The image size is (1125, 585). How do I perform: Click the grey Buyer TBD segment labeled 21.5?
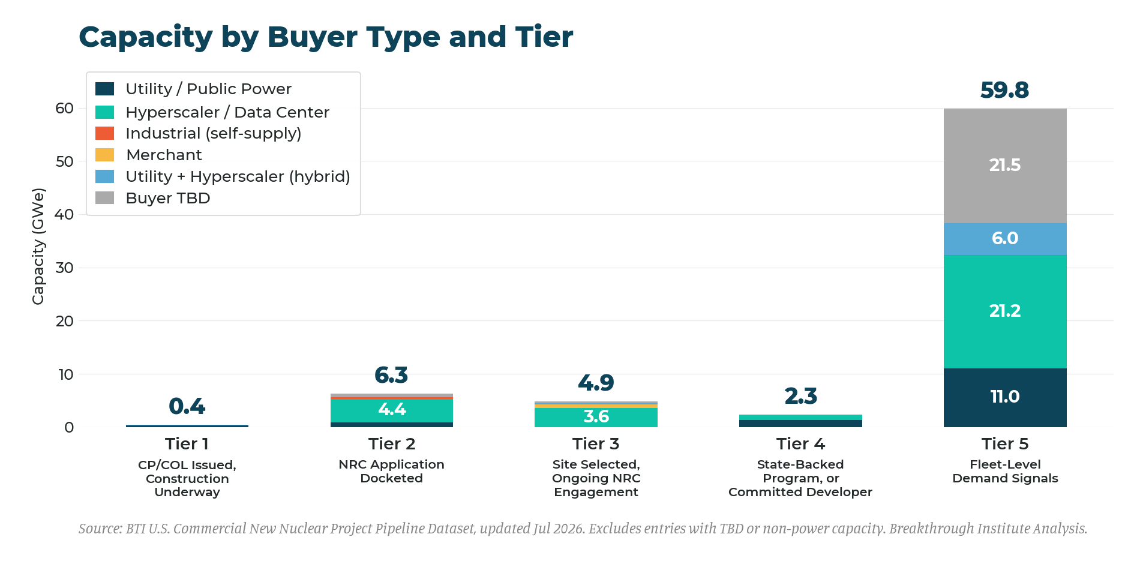point(1005,166)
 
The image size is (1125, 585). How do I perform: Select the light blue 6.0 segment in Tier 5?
point(1005,239)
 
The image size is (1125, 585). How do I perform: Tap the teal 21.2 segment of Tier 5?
point(1005,311)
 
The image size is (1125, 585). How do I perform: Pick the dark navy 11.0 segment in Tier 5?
point(1005,398)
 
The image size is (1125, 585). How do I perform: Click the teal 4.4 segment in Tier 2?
point(392,411)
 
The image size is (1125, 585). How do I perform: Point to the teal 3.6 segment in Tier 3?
point(596,418)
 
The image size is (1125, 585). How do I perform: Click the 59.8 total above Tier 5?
point(1005,90)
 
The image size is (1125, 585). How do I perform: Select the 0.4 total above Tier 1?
point(187,406)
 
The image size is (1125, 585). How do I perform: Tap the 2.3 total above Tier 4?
point(800,396)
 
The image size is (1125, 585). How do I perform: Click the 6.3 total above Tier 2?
point(391,375)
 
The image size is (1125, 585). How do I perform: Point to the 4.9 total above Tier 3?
point(596,382)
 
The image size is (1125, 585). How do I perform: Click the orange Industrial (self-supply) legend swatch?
point(105,133)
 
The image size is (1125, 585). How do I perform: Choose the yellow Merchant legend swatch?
point(105,155)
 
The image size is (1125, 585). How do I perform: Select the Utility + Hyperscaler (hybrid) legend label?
point(238,177)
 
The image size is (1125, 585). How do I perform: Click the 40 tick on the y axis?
point(64,214)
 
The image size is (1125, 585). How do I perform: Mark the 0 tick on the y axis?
point(69,427)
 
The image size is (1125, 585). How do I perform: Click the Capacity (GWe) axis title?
point(38,247)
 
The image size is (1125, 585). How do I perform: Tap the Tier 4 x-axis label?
point(800,444)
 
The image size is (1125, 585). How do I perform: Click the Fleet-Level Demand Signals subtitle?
point(1005,472)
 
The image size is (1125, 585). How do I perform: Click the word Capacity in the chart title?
point(146,37)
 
